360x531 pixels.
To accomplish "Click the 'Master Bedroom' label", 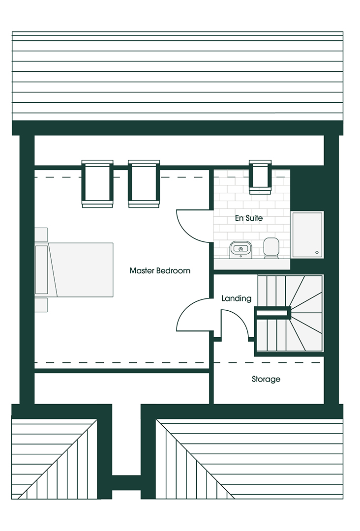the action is pos(160,270).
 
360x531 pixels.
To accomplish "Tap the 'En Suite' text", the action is pos(249,218).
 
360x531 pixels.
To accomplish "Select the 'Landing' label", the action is pos(237,298).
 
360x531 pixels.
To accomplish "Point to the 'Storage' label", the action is pos(266,379).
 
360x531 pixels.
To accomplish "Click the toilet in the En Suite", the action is pos(271,247).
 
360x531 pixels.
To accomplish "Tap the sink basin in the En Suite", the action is pos(240,249).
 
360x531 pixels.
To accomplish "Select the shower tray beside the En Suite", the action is pos(307,235).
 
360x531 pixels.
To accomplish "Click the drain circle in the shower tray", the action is pos(317,252).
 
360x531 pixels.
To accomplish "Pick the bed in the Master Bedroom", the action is pos(74,270).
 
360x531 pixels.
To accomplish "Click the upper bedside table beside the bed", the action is pos(41,235).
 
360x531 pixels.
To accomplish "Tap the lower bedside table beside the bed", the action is pos(41,305).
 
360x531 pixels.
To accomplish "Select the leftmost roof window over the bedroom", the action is pos(97,183).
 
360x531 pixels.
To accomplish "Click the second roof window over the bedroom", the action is pos(144,183).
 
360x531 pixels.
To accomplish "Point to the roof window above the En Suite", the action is pos(260,177).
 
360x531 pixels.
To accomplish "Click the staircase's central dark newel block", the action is pos(273,313).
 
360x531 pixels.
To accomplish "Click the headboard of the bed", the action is pos(42,270).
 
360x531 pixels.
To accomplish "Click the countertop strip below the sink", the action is pos(252,264).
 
